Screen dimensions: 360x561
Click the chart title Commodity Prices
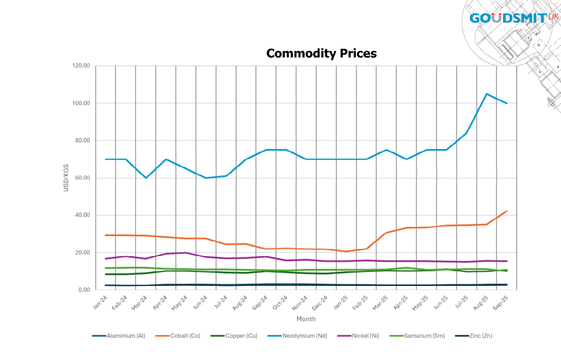pyautogui.click(x=321, y=53)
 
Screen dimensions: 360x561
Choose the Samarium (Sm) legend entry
pyautogui.click(x=425, y=336)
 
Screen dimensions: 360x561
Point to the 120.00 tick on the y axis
pyautogui.click(x=81, y=66)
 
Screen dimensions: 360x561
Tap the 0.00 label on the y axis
pyautogui.click(x=84, y=290)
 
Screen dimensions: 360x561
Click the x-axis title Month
pyautogui.click(x=306, y=319)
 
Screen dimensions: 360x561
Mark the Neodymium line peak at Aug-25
pyautogui.click(x=487, y=94)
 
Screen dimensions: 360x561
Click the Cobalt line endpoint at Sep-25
pyautogui.click(x=507, y=211)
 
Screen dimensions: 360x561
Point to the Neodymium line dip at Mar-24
pyautogui.click(x=146, y=178)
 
